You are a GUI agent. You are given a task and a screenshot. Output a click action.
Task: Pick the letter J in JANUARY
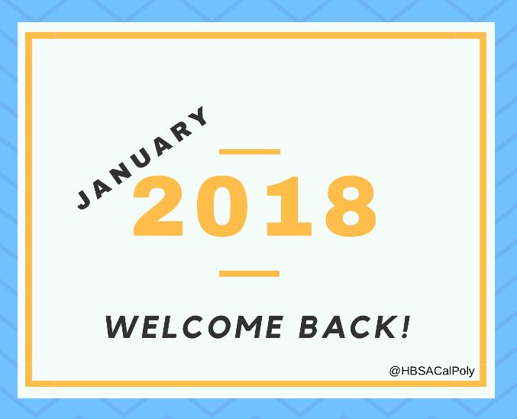point(86,198)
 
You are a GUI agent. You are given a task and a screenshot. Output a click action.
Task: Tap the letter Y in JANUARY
point(198,119)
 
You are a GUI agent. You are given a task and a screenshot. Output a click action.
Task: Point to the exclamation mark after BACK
point(405,326)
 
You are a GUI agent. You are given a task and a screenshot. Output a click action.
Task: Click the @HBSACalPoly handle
point(432,371)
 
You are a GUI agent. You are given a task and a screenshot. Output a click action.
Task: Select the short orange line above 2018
point(249,152)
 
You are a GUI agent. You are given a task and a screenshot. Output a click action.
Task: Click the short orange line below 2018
point(249,273)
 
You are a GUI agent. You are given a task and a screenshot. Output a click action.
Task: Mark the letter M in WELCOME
point(248,326)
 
